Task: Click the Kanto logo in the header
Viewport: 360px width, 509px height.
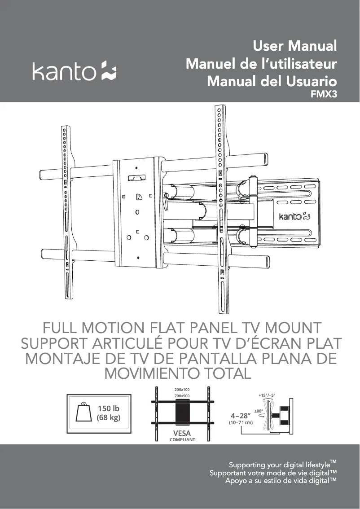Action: pos(74,72)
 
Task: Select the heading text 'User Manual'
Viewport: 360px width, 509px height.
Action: pos(294,46)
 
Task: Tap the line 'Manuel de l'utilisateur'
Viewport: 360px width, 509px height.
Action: pos(261,64)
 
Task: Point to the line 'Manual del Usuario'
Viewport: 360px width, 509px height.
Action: pos(272,82)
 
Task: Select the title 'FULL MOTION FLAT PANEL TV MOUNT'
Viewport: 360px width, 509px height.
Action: pos(180,327)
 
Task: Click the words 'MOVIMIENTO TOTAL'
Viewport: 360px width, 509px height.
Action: pos(176,373)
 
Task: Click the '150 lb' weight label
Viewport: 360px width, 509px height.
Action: pos(109,408)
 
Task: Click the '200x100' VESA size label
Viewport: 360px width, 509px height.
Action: pos(182,389)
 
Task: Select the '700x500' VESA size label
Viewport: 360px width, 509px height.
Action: pos(182,396)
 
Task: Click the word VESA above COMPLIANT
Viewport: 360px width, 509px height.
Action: pos(182,433)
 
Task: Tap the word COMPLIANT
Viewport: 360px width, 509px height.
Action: pos(182,440)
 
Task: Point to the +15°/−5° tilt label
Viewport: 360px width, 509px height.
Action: pos(267,395)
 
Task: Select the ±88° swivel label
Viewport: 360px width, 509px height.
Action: pos(259,411)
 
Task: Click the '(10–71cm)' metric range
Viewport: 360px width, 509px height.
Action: pos(241,423)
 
